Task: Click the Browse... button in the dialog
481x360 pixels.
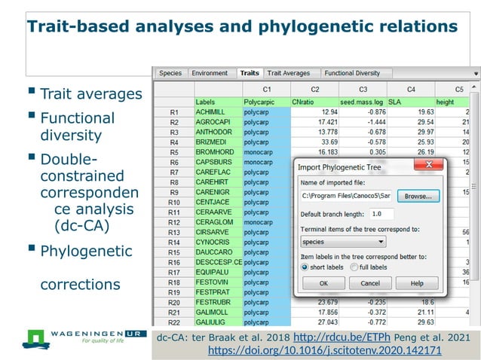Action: point(417,196)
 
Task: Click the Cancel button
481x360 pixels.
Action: point(369,283)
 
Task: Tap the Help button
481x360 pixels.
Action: point(416,283)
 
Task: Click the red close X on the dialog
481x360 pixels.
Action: point(429,164)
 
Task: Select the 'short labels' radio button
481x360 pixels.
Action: point(305,267)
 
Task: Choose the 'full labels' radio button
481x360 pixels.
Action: point(353,267)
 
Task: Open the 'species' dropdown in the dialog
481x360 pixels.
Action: point(342,242)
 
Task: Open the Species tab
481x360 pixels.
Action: point(170,73)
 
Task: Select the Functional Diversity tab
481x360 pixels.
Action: point(353,73)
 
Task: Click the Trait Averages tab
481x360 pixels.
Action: point(289,73)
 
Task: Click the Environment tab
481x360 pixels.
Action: point(210,73)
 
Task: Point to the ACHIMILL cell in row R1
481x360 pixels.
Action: point(217,111)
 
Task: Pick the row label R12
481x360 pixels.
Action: point(173,223)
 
